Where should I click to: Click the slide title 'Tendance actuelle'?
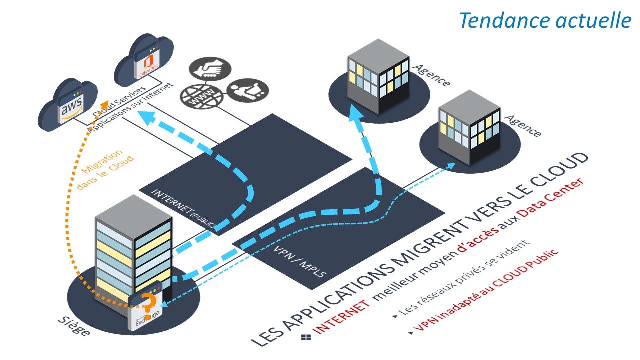[x=545, y=20]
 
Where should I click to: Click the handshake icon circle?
[x=210, y=69]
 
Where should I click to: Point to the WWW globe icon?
[x=202, y=96]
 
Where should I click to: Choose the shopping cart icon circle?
[x=248, y=90]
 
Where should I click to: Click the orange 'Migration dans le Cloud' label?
[x=105, y=168]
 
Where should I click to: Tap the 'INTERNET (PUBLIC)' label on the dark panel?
[x=183, y=208]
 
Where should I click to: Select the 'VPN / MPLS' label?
[x=299, y=261]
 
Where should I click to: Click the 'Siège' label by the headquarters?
[x=74, y=325]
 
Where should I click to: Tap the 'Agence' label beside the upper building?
[x=432, y=75]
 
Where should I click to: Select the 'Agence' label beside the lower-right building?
[x=523, y=126]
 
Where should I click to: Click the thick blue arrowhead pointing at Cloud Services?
[x=147, y=117]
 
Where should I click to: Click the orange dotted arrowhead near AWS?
[x=104, y=105]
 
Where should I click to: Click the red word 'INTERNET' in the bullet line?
[x=341, y=317]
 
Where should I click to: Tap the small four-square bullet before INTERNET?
[x=306, y=337]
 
